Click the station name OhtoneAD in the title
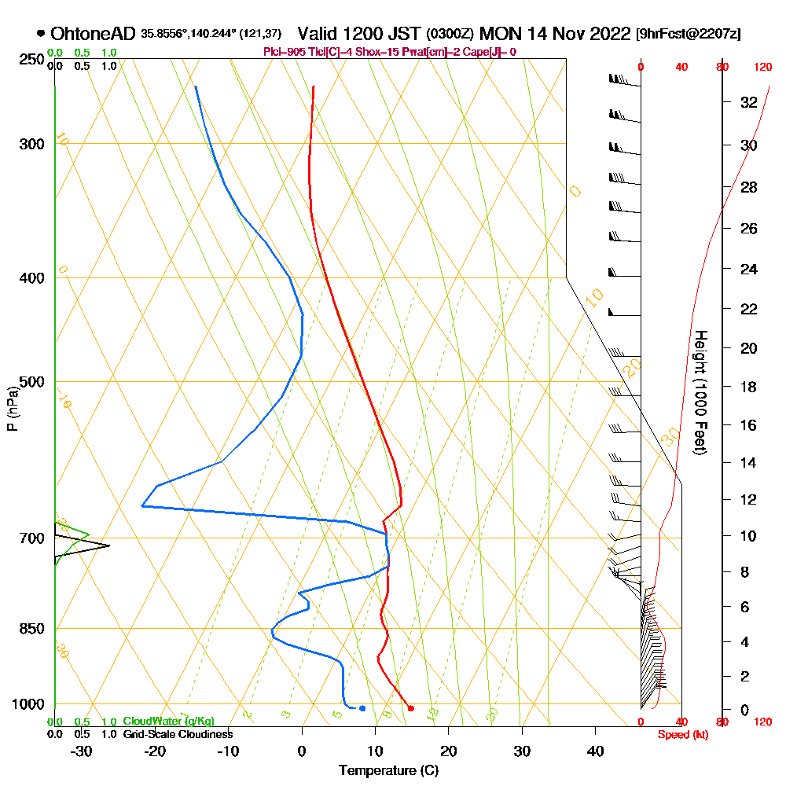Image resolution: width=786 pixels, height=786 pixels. (94, 34)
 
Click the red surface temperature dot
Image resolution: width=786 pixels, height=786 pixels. (411, 708)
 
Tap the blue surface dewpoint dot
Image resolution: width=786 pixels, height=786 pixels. (362, 708)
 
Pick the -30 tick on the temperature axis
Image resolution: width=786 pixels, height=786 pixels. (82, 751)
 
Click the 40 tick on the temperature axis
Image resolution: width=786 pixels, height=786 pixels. (596, 751)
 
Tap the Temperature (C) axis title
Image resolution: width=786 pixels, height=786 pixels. (388, 771)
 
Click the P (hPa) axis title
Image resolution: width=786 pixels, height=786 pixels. (12, 408)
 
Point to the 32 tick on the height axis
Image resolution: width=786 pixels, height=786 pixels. (749, 102)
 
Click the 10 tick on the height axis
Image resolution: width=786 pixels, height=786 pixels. (749, 536)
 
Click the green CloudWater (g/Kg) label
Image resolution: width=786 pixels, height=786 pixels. (168, 722)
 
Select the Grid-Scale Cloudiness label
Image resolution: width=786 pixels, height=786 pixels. (178, 734)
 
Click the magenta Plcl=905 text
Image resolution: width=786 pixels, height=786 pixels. (284, 52)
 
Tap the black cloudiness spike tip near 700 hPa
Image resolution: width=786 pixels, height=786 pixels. (109, 545)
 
